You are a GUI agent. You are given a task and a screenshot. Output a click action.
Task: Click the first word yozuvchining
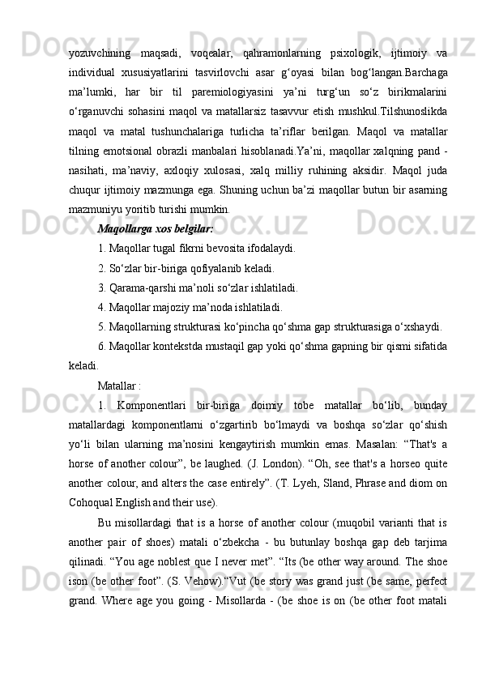click(100, 53)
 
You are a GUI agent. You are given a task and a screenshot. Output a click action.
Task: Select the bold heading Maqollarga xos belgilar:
click(155, 230)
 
